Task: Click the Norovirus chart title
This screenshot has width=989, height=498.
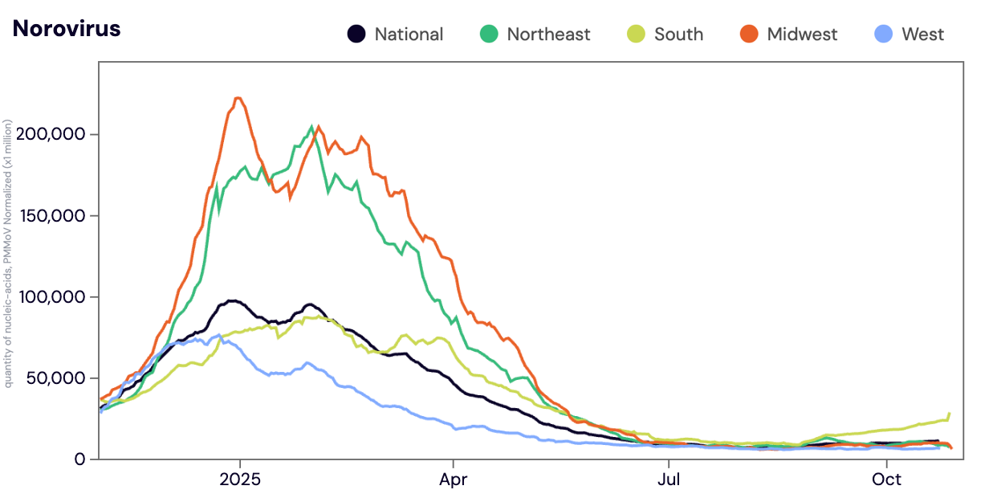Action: (x=67, y=29)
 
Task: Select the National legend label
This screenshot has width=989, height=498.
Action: (x=409, y=35)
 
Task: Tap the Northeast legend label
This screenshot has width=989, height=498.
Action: (x=548, y=35)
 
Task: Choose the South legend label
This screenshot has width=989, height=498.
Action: (x=678, y=35)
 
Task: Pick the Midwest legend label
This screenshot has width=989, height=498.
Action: (x=802, y=35)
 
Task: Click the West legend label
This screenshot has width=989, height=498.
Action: (x=922, y=35)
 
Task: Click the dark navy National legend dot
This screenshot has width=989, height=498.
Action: (x=356, y=35)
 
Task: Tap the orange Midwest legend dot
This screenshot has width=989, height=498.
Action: (x=749, y=35)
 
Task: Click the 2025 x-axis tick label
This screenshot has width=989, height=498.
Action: (x=239, y=480)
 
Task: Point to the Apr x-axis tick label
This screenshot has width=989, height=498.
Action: (x=454, y=480)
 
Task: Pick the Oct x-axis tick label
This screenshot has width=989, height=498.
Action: (x=886, y=480)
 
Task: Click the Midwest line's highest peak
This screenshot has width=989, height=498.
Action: (x=238, y=98)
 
